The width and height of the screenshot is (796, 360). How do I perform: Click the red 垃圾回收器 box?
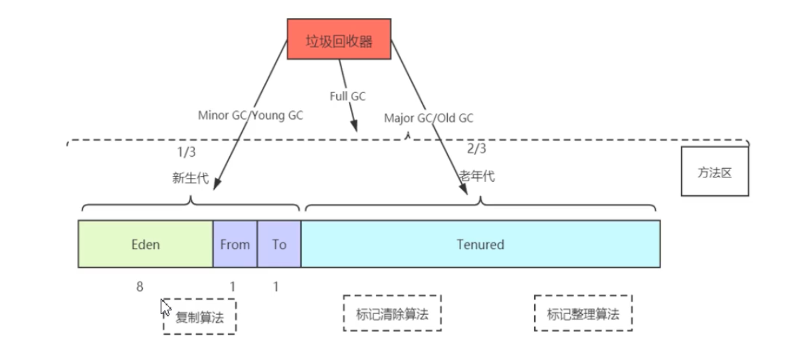tap(339, 39)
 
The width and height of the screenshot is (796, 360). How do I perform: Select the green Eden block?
tap(146, 244)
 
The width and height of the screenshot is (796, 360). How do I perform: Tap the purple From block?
tap(235, 244)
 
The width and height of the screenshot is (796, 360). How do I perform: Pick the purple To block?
tap(279, 244)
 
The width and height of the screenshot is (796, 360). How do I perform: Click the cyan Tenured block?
tap(480, 244)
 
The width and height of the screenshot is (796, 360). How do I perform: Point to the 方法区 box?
tap(714, 173)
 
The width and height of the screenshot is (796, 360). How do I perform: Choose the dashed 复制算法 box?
tap(199, 317)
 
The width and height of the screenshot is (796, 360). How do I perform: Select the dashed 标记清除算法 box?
tap(392, 314)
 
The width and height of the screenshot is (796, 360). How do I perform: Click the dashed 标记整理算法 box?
tap(583, 314)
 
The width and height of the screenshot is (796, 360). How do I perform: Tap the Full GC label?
tap(348, 96)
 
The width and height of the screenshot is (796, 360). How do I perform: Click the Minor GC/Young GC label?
tap(250, 115)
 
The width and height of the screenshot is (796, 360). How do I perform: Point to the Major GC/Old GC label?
tap(429, 118)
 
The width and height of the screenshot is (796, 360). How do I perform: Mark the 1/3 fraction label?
tap(187, 153)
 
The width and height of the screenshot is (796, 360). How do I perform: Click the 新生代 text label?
tap(190, 178)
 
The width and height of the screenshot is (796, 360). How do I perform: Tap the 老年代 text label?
tap(477, 177)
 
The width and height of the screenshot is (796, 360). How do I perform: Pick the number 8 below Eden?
tap(140, 286)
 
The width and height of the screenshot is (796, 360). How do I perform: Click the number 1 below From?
tap(233, 286)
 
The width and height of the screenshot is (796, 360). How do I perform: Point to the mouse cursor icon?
tap(165, 308)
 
